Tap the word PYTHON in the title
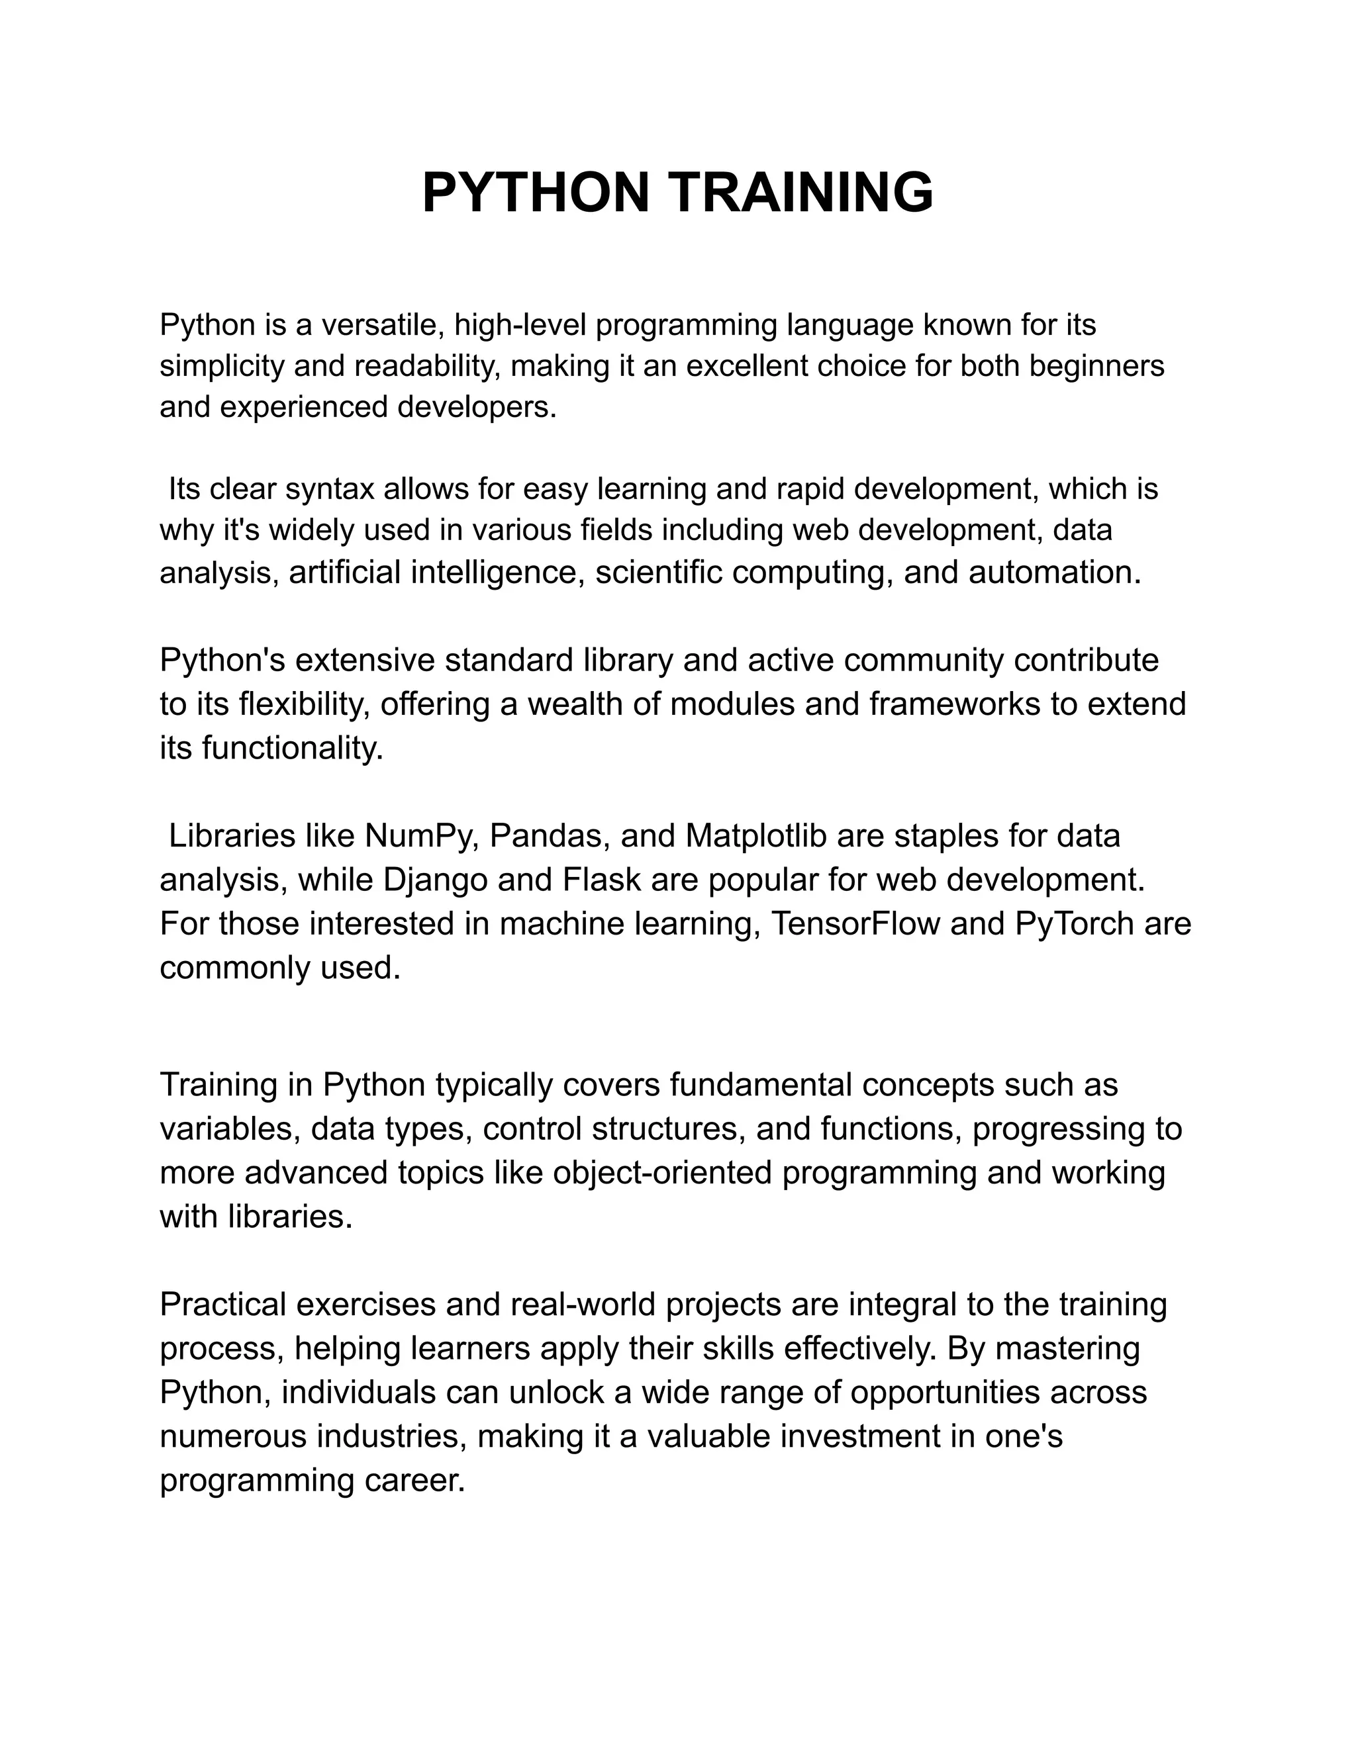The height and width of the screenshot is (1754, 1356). click(536, 193)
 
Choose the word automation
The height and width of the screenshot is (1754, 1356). click(1054, 573)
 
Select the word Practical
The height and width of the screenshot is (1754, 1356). click(223, 1305)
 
